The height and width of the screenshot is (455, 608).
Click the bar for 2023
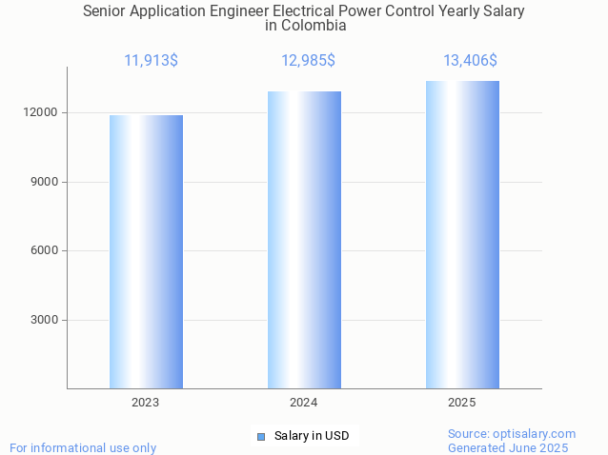click(x=146, y=251)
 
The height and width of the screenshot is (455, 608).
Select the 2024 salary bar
click(x=304, y=239)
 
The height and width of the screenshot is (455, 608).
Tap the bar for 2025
click(x=462, y=234)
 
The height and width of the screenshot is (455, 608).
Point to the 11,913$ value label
click(x=151, y=61)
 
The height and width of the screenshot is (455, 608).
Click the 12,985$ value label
click(x=308, y=61)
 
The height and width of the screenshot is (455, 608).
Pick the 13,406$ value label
click(x=470, y=61)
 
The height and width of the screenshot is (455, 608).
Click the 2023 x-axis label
click(x=146, y=403)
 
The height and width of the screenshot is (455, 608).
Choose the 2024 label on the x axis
click(x=304, y=403)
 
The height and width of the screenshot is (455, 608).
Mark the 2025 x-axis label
click(x=462, y=403)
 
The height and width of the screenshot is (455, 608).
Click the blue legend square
click(x=260, y=436)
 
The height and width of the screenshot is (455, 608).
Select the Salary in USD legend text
click(x=312, y=436)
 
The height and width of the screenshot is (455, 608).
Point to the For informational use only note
click(x=83, y=447)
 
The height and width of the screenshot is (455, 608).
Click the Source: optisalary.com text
click(x=512, y=433)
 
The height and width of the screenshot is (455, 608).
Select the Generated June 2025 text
click(x=508, y=447)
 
